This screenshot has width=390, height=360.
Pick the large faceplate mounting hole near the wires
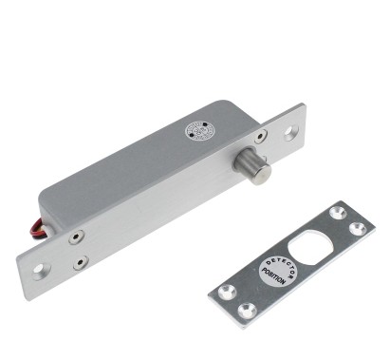point(40,269)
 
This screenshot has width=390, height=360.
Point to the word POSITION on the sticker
point(278,277)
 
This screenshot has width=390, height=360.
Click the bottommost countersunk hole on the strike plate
point(246,310)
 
